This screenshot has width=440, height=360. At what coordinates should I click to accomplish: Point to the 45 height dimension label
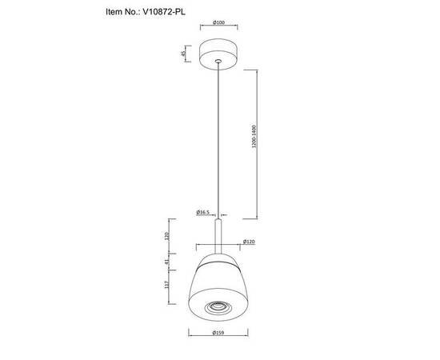click(183, 54)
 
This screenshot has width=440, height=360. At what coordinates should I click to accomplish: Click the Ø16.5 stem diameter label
click(202, 212)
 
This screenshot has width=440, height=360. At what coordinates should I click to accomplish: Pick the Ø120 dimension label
click(249, 241)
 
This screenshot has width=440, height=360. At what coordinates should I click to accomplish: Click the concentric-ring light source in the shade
click(218, 306)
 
